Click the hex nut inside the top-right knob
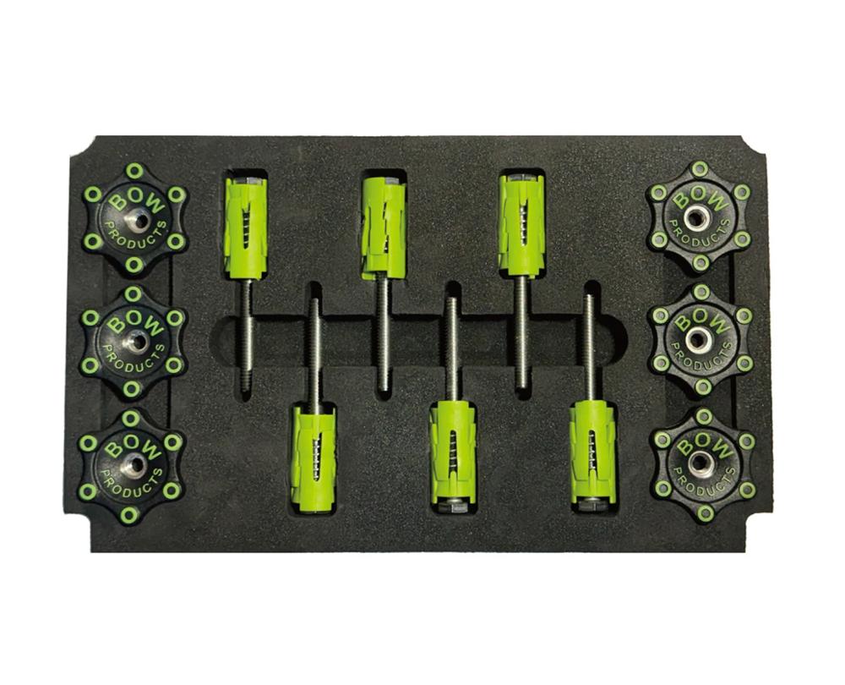[x=695, y=218]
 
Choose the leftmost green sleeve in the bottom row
[x=313, y=457]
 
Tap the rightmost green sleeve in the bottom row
[x=591, y=455]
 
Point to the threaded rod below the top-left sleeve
[x=245, y=334]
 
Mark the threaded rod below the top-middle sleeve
[x=383, y=334]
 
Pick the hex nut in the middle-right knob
[x=697, y=340]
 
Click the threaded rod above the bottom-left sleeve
[x=313, y=351]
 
